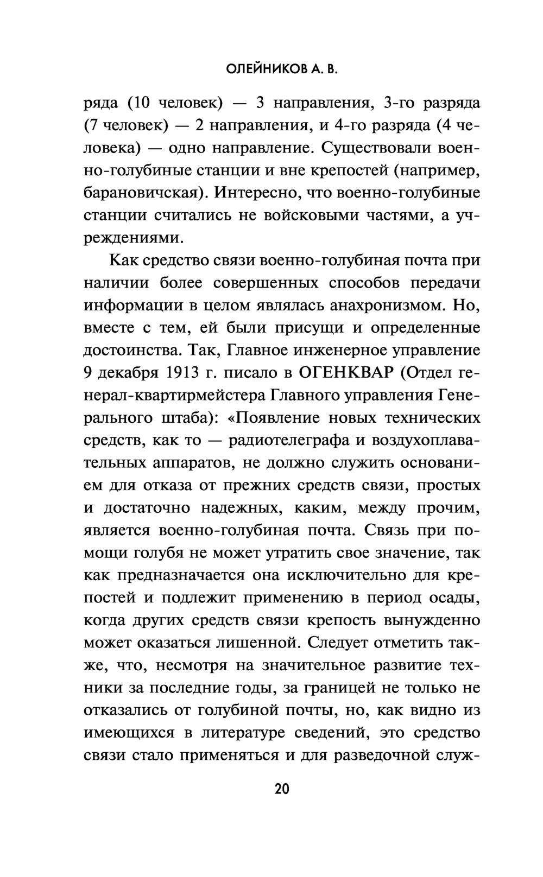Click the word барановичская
click(x=144, y=193)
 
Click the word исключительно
click(x=348, y=575)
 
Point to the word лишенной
click(x=257, y=643)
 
